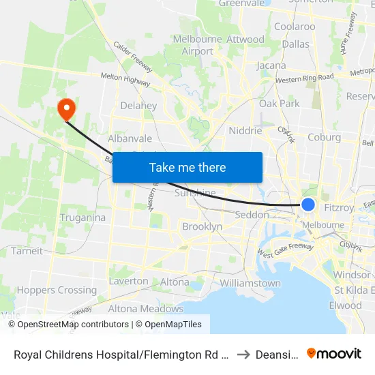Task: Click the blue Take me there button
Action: point(187,167)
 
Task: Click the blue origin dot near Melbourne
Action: point(308,205)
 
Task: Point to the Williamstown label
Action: point(250,283)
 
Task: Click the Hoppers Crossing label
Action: point(47,290)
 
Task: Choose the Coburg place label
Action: point(324,137)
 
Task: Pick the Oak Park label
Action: point(280,104)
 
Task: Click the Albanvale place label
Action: point(130,138)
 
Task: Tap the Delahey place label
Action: point(138,106)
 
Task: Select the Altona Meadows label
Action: point(145,308)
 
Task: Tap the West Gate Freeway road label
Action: point(286,251)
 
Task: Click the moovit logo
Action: point(333,353)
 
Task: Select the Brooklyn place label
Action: point(202,226)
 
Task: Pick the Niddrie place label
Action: point(246,130)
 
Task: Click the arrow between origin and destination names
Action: point(243,354)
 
